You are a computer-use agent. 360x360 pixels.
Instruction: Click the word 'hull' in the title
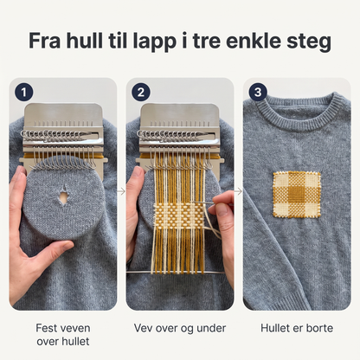pos(84,41)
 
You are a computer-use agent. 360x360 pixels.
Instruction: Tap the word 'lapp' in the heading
pos(155,42)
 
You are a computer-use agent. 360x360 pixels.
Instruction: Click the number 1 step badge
pos(24,93)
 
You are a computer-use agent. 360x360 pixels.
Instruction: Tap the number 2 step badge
pos(141,93)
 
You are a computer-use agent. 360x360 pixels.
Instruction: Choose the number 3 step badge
pos(258,93)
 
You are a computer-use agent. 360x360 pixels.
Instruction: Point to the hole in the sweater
pos(63,196)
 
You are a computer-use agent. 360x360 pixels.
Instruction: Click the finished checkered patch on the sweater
pos(297,195)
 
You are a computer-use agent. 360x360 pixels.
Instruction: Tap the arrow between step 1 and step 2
pos(121,191)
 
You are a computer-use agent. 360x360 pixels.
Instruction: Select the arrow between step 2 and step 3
pos(238,191)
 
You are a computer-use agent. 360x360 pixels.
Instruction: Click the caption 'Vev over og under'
pos(180,328)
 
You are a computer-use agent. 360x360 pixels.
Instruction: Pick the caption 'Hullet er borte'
pos(297,328)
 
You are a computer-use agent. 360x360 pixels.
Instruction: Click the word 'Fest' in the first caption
pos(45,328)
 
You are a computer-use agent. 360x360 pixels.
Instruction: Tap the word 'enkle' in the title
pos(253,41)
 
